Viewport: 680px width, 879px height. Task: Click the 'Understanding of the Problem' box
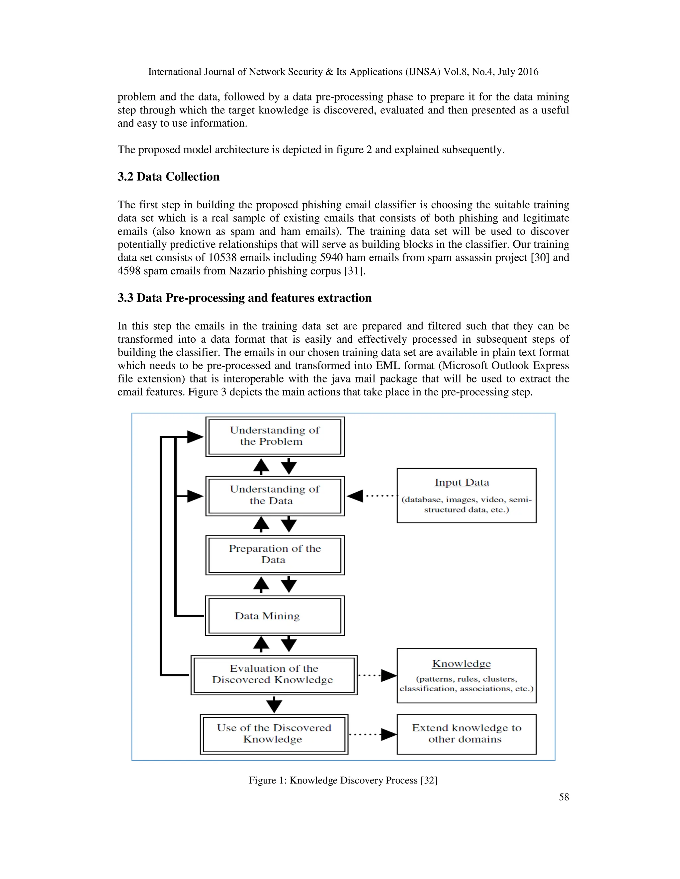click(x=275, y=436)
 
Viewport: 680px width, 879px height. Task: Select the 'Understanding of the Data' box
click(x=275, y=496)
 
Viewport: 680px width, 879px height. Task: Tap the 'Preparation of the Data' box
click(x=275, y=555)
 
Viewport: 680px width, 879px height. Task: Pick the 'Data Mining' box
click(x=275, y=615)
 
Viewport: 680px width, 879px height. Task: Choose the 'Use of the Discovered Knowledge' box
click(x=274, y=734)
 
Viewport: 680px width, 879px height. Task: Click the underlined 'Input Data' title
click(x=462, y=482)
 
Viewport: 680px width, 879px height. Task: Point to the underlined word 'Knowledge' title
click(x=461, y=663)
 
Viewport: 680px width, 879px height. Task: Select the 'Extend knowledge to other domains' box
click(x=467, y=734)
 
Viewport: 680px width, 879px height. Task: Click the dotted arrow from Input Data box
click(x=372, y=496)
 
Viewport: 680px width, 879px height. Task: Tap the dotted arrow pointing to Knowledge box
click(x=377, y=675)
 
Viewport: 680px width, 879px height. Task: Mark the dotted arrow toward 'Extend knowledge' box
click(x=372, y=734)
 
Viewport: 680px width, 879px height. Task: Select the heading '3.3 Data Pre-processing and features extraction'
click(x=244, y=298)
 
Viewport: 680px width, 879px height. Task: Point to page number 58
click(x=563, y=797)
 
